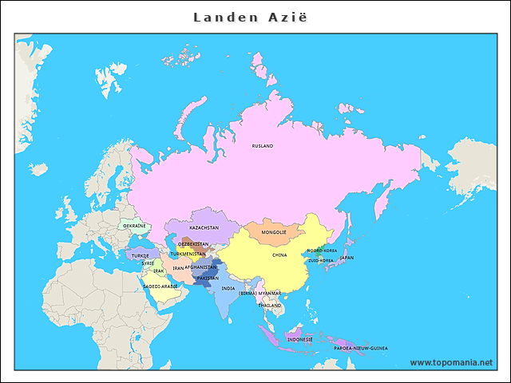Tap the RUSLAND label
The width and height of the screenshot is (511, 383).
pos(262,146)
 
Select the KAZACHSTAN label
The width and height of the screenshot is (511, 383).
pos(204,227)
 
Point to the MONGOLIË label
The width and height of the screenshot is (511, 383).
pos(274,232)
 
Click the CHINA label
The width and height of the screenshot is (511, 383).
pos(279,255)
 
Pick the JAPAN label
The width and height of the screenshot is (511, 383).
pos(347,258)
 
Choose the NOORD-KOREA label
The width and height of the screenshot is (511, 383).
pos(323,251)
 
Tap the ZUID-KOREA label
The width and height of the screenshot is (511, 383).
pos(321,260)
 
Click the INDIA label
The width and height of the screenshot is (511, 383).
pos(228,288)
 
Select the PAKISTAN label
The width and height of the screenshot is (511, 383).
pos(208,278)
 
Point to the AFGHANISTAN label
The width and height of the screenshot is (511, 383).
pos(201,267)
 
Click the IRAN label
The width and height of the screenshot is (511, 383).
pos(178,268)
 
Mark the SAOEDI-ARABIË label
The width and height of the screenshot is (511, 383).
pos(160,286)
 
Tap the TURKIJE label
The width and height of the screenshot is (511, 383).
pos(141,256)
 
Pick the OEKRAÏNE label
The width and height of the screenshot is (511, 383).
pos(134,226)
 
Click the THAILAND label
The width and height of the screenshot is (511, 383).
pos(270,306)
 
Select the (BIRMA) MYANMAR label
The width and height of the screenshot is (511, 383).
pos(259,294)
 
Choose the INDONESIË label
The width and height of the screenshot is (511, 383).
pos(300,339)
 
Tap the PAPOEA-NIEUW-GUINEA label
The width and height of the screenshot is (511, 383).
pos(361,348)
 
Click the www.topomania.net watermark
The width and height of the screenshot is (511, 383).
pos(451,362)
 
